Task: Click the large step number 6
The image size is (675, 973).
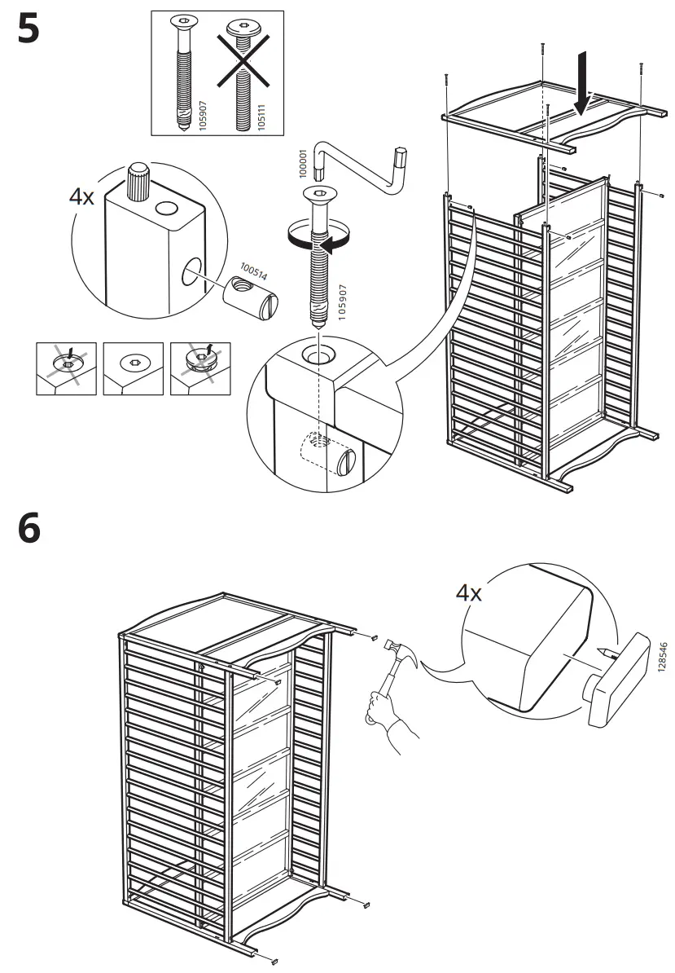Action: tap(28, 531)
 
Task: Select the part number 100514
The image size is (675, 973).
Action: tap(253, 272)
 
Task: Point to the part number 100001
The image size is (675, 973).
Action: tap(303, 163)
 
